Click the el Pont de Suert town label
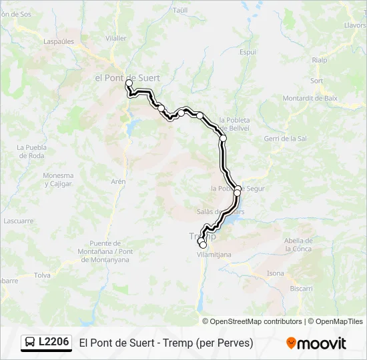127,78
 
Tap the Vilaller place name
116,38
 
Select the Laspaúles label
59,41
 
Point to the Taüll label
181,11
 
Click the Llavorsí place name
355,25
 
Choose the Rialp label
319,60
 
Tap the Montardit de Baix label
310,98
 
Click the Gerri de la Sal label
285,139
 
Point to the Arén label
118,181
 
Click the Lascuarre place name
18,220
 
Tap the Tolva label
42,275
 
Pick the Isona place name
275,273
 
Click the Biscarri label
301,288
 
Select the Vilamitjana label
214,255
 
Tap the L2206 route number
53,343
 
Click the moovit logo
316,343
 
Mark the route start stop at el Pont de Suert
129,83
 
